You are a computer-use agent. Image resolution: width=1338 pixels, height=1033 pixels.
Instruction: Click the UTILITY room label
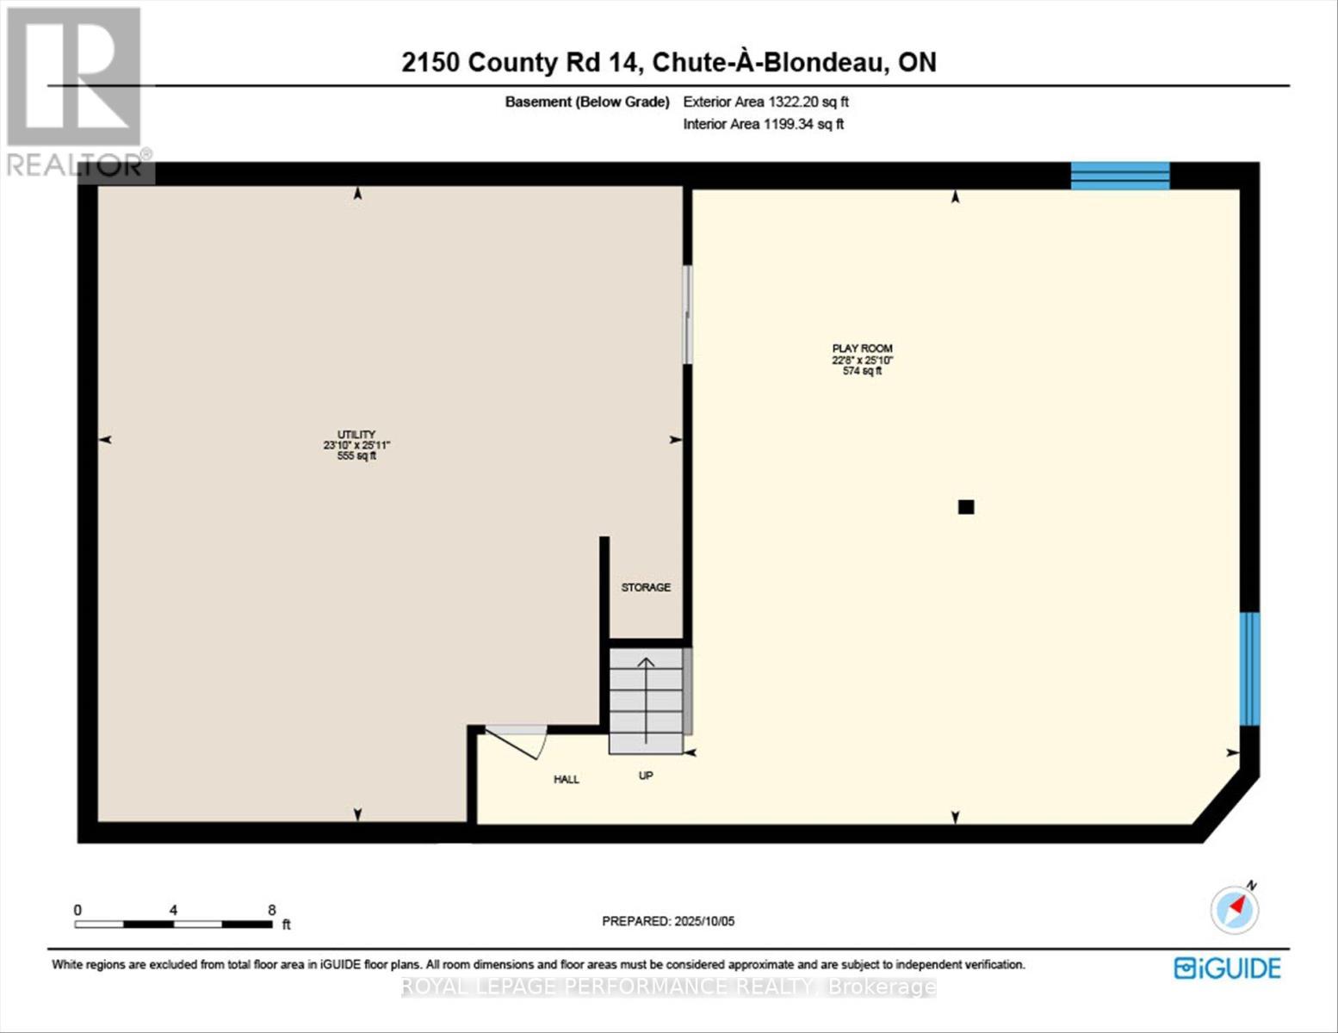tap(356, 435)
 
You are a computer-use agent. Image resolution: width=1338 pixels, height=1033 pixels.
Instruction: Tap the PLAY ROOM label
tap(862, 349)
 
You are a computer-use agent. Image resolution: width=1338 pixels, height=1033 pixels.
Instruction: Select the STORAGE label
tap(646, 587)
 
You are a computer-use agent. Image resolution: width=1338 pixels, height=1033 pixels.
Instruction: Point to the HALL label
tap(567, 779)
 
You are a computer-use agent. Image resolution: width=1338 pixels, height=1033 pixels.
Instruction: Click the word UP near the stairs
tap(646, 776)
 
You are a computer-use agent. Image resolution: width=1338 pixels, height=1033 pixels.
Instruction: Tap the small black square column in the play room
tap(966, 507)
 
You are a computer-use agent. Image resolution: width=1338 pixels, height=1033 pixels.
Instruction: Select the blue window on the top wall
tap(1119, 176)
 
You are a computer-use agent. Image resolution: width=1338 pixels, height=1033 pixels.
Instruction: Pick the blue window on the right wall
tap(1249, 668)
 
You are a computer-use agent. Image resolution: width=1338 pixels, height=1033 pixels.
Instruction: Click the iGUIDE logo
tap(1227, 968)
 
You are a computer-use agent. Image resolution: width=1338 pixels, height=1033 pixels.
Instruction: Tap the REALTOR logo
tap(76, 90)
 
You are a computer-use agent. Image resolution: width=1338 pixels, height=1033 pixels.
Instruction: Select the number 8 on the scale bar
tap(271, 910)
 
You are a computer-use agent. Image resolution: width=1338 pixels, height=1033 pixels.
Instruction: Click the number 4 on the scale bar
tap(174, 910)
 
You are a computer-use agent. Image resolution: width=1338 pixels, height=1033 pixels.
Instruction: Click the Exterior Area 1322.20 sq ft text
tap(765, 102)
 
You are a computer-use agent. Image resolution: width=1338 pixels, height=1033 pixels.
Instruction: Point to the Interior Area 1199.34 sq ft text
tap(763, 124)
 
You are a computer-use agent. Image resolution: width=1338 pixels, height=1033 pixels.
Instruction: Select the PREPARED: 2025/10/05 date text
tap(668, 921)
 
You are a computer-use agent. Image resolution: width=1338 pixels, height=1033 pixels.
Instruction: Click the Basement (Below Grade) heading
tap(587, 102)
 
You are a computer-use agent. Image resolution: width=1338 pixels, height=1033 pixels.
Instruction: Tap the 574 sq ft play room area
tap(862, 371)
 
